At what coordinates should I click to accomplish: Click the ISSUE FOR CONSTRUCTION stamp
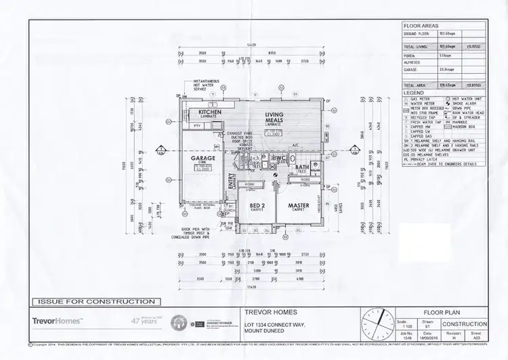pyautogui.click(x=93, y=301)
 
